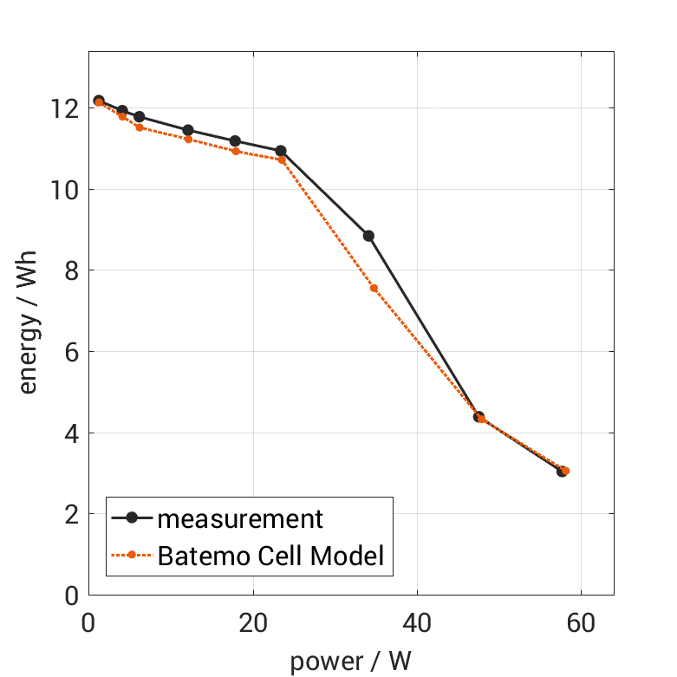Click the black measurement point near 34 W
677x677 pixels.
pos(368,236)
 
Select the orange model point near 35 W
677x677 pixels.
pos(374,288)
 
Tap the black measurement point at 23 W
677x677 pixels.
pos(281,151)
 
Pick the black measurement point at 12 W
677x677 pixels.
pos(188,130)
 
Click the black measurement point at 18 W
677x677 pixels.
pos(235,140)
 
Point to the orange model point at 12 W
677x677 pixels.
pos(188,139)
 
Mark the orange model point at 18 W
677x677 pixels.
pos(236,151)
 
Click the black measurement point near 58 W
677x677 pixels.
pos(562,472)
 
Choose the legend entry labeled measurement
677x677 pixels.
pos(240,518)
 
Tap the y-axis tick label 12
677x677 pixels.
pos(63,108)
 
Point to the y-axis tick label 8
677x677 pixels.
pos(69,271)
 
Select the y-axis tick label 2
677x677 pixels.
pos(69,515)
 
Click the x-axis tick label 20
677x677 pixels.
pos(253,624)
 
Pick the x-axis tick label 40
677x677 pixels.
pos(417,624)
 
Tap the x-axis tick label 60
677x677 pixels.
pos(581,624)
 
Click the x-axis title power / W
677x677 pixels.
pos(350,661)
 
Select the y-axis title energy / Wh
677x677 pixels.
pos(29,327)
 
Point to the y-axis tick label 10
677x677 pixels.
pos(63,190)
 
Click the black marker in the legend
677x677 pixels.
pos(132,518)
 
